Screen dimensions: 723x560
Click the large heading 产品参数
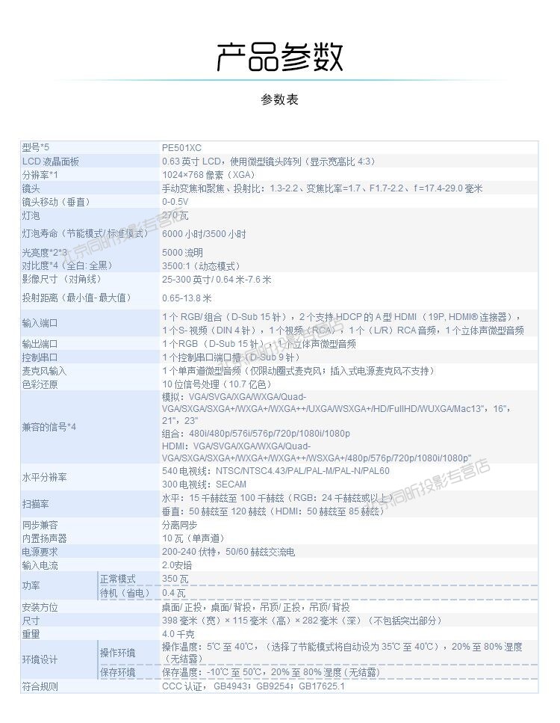[279, 58]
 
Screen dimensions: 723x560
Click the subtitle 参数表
[279, 99]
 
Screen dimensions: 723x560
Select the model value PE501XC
[181, 148]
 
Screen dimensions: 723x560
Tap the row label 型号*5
[35, 148]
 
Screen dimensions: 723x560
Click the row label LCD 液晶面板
[50, 161]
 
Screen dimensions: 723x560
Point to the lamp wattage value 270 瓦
[175, 215]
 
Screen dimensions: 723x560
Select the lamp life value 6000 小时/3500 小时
[204, 234]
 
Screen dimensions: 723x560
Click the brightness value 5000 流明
[182, 253]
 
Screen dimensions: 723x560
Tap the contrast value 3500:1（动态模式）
[201, 265]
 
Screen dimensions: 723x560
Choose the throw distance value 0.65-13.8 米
[187, 298]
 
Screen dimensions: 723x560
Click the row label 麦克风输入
[44, 371]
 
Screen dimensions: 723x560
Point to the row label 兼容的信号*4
[49, 427]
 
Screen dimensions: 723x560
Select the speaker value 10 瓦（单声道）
[193, 538]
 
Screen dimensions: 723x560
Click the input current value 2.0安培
[177, 565]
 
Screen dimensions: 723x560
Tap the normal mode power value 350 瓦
[175, 579]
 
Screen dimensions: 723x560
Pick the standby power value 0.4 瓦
[174, 593]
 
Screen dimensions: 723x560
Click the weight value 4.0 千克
[178, 634]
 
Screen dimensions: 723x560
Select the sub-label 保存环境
[118, 673]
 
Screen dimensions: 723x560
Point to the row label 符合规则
[40, 686]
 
